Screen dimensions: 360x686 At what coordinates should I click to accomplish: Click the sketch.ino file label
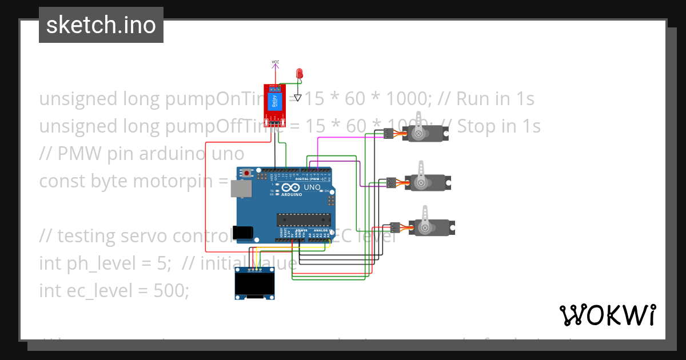101,25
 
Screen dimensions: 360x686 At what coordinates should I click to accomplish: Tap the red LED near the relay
298,74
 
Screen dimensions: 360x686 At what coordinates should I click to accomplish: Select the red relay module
274,103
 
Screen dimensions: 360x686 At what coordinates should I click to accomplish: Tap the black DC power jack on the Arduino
245,232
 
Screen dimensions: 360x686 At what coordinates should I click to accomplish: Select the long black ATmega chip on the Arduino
304,220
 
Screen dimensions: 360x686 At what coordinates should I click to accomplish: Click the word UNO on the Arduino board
312,187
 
